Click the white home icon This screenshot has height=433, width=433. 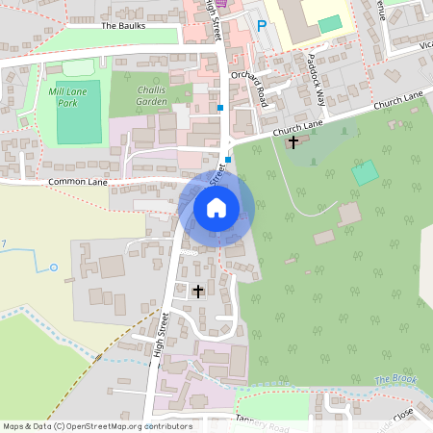[x=216, y=207]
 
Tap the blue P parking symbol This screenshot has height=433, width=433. [x=261, y=26]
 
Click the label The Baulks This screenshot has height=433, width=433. [x=122, y=25]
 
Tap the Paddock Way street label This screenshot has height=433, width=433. [x=318, y=72]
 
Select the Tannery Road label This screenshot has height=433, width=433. [x=263, y=424]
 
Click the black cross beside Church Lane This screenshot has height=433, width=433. [x=293, y=142]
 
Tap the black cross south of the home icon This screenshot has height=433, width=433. [x=198, y=290]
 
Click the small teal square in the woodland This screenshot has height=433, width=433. [x=365, y=173]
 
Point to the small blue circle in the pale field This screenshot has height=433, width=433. [x=53, y=266]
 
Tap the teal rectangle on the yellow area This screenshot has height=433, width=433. [x=330, y=23]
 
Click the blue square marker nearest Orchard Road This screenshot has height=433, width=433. [x=221, y=108]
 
